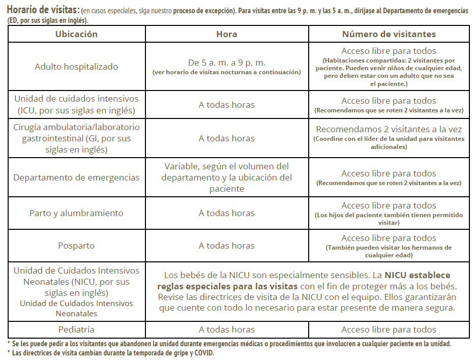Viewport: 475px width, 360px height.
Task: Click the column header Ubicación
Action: click(76, 34)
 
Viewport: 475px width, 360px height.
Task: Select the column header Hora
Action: click(226, 34)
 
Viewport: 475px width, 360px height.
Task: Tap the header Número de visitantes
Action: click(389, 34)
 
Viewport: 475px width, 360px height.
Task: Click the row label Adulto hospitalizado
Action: click(76, 67)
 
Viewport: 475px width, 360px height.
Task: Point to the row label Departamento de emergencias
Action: click(76, 177)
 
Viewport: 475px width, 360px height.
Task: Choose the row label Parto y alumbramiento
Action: click(76, 213)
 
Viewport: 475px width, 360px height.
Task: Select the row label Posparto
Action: click(76, 246)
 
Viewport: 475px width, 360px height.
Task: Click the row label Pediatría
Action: click(76, 329)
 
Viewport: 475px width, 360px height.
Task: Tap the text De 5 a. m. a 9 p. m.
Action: click(226, 63)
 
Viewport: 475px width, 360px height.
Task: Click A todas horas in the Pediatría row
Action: click(226, 329)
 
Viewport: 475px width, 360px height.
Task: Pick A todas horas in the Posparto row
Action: click(226, 246)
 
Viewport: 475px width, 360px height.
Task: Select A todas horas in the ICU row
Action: click(226, 105)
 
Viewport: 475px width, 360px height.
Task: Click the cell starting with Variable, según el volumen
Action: click(226, 177)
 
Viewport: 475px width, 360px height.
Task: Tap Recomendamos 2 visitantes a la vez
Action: click(389, 130)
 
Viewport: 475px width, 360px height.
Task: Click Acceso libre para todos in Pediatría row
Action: click(389, 329)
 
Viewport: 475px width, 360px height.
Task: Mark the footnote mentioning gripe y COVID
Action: click(112, 353)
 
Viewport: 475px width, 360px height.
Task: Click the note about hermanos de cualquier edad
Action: click(389, 251)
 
